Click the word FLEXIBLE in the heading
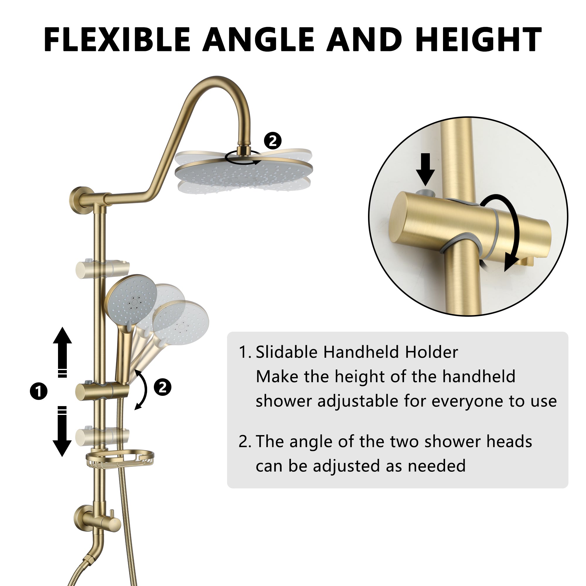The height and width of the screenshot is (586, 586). coord(117,40)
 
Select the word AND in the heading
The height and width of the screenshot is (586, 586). coord(364,40)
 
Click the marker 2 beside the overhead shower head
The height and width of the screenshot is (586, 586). coord(273,141)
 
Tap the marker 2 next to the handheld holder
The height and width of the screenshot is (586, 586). coord(163,387)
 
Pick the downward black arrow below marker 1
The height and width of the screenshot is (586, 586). coord(62,431)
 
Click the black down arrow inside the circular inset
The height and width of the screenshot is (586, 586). coord(425,169)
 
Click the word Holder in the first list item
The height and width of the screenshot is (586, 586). coord(431,352)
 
